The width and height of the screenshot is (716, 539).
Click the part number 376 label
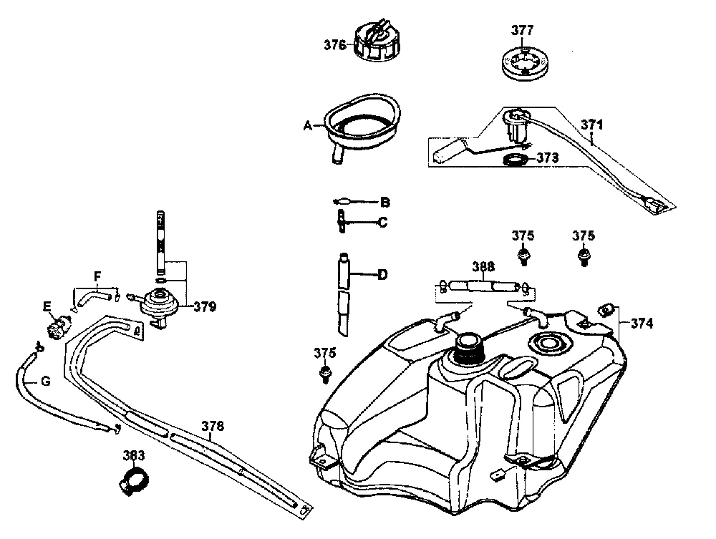[334, 44]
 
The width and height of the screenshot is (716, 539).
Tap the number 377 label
[522, 31]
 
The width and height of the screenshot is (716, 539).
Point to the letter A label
[307, 125]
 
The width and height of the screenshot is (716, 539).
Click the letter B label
[384, 202]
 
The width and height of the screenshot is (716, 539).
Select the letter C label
[383, 223]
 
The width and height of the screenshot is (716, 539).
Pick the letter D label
[382, 274]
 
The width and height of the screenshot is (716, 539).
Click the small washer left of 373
[515, 160]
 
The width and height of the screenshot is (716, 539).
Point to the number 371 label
[592, 125]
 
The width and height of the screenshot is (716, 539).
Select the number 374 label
[642, 323]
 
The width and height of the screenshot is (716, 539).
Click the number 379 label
[205, 307]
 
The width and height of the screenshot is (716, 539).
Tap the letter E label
[47, 307]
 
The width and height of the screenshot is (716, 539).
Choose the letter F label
[97, 274]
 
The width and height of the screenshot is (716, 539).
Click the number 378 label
[212, 426]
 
